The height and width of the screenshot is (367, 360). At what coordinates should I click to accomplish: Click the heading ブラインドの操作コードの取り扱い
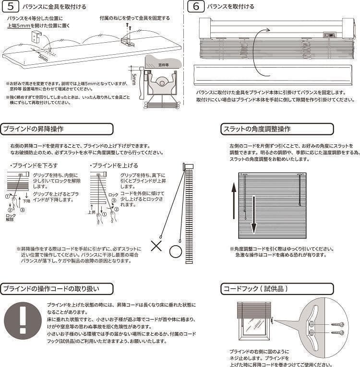(57, 289)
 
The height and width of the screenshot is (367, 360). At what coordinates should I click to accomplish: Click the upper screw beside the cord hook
(337, 324)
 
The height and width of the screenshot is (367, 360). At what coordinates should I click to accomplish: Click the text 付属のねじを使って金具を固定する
(135, 18)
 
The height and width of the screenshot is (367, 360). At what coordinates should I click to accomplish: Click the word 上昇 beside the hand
(92, 211)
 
